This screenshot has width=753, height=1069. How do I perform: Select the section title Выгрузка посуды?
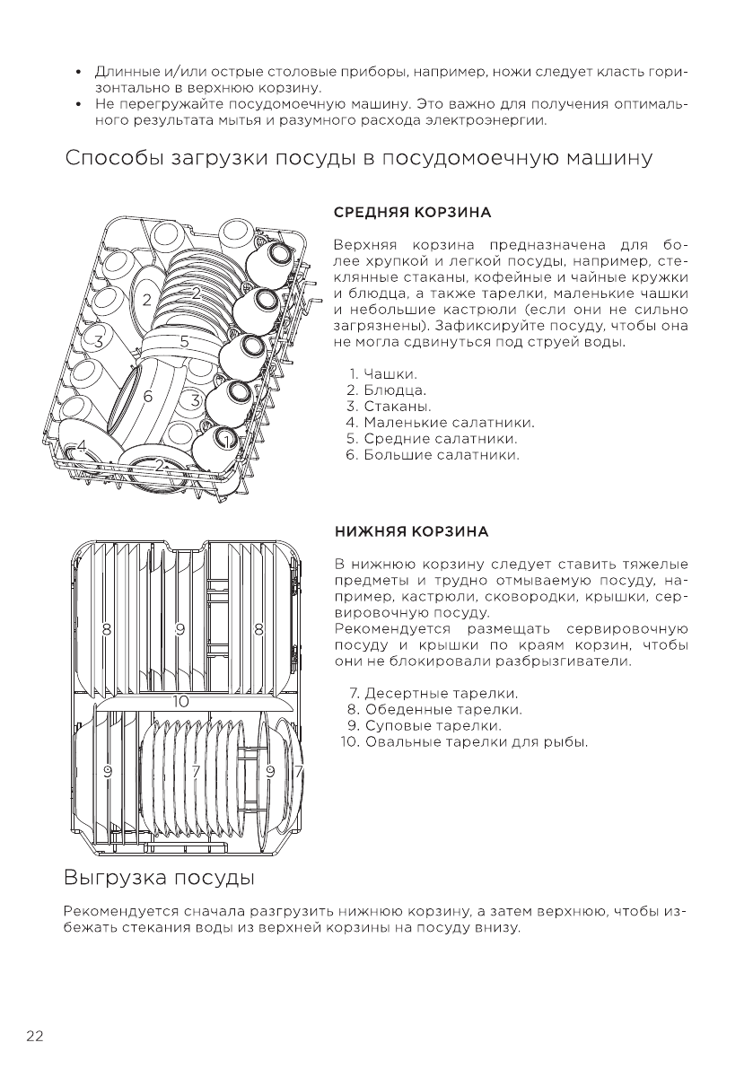[x=160, y=876]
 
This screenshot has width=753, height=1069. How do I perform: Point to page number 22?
[x=35, y=1036]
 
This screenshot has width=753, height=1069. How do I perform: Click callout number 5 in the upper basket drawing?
[x=184, y=341]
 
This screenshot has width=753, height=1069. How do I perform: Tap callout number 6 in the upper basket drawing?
[x=147, y=395]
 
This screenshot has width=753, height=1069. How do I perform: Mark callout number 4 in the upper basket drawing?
[x=81, y=446]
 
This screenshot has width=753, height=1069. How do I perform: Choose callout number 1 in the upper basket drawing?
[x=228, y=438]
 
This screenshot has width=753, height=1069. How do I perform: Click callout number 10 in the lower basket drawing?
[x=180, y=701]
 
